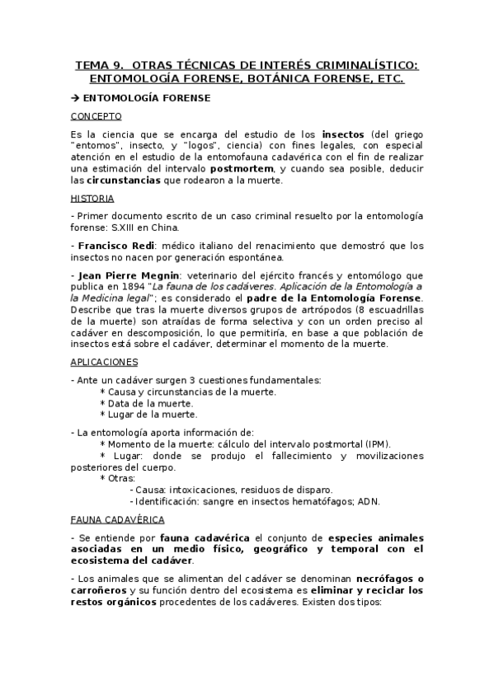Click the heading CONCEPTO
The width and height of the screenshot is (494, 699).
click(x=96, y=116)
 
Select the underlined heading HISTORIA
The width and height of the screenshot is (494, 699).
click(x=92, y=199)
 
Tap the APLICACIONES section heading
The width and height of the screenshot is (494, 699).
click(x=104, y=362)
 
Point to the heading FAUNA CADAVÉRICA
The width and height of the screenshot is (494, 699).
click(x=117, y=519)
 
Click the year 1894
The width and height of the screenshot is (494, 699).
click(x=130, y=286)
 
